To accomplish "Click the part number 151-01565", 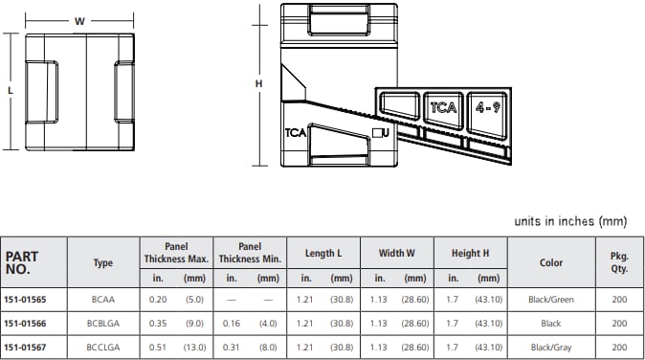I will click(x=25, y=300).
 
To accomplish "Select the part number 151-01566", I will click(x=25, y=324).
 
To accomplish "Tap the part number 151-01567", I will click(x=25, y=347).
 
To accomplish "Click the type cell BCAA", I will click(x=102, y=300).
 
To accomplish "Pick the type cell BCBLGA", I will click(x=102, y=324).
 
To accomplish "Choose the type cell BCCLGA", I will click(x=102, y=347).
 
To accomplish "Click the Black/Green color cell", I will click(x=551, y=300).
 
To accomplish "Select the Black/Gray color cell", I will click(x=551, y=347).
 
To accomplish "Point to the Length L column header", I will click(x=323, y=253).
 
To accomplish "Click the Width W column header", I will click(x=396, y=253).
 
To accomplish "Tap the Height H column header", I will click(x=470, y=253).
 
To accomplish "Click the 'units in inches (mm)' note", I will click(x=569, y=221).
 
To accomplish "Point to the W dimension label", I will click(x=79, y=20).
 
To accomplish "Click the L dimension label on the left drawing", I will click(x=10, y=91).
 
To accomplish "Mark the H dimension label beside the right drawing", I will click(x=258, y=84).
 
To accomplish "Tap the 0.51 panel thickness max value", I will click(x=157, y=347).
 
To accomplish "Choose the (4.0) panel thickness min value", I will click(x=268, y=324).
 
